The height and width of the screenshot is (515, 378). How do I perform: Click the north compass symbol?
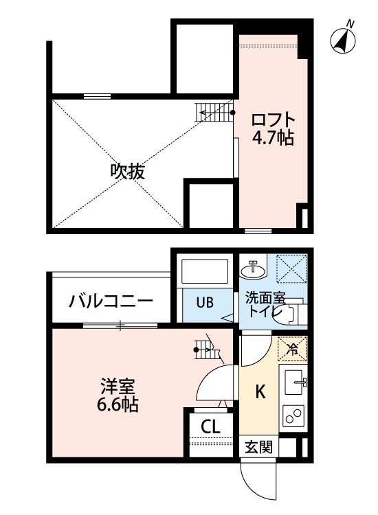(343, 41)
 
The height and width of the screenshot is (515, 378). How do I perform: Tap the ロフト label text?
(273, 120)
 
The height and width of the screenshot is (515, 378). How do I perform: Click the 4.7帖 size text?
(273, 138)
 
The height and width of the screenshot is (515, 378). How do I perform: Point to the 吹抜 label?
(128, 172)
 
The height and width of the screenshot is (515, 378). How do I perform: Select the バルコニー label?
(111, 301)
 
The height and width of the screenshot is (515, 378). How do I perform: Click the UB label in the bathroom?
(205, 302)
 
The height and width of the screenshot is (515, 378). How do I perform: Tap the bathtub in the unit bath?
(205, 271)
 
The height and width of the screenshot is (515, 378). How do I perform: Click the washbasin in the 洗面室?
(252, 270)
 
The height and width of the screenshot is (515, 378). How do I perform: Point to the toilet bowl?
(292, 310)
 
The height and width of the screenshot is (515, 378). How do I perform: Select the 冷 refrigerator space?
(292, 349)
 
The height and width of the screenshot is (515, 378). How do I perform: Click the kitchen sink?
(293, 382)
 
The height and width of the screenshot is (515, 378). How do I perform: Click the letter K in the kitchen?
(260, 392)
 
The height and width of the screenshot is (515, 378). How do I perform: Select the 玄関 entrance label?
(258, 447)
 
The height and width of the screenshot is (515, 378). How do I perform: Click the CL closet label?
(210, 426)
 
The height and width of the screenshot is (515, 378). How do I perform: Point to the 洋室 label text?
(118, 386)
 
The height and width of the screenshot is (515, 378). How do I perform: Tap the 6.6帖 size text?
(118, 404)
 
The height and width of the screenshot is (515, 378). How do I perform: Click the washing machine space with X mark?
(291, 268)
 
